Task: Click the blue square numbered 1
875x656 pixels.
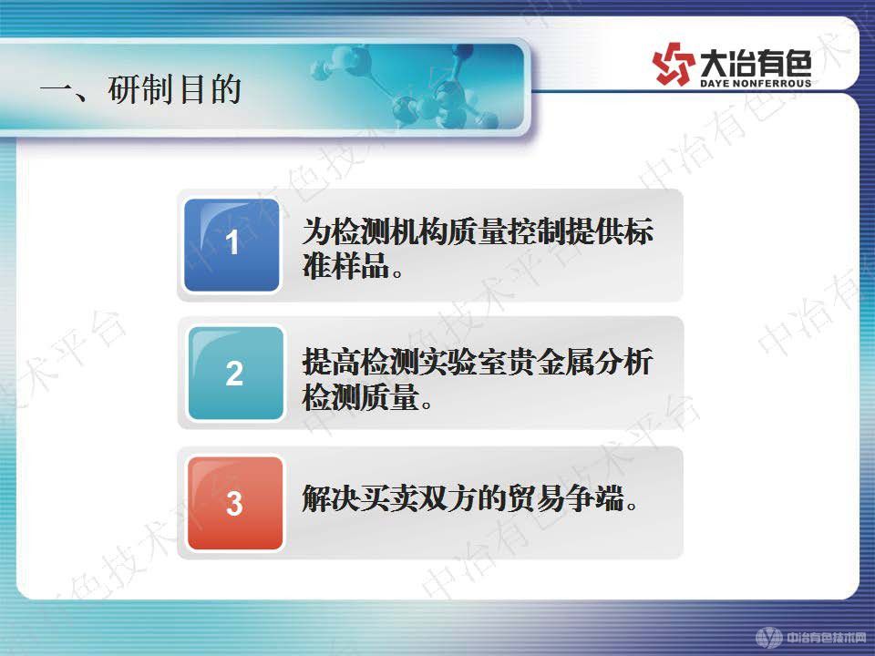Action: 232,244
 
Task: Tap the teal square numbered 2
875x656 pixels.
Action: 235,374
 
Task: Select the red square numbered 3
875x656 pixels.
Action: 235,504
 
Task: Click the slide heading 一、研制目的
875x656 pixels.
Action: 140,90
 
